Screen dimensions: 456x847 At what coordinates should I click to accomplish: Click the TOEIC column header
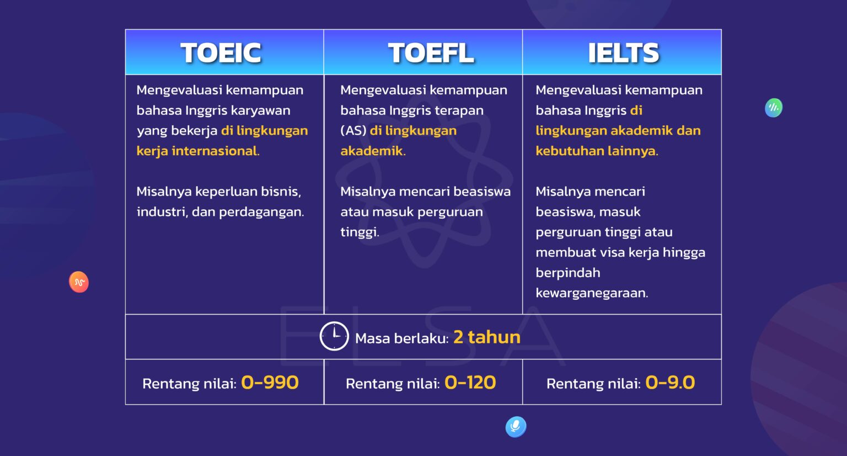click(221, 53)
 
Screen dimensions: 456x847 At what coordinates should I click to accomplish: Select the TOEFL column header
click(431, 53)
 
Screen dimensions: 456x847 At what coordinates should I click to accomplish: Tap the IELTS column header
click(623, 53)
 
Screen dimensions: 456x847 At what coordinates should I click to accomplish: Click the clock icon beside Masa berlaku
click(334, 336)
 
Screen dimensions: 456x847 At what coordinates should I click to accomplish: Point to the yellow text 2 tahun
click(487, 337)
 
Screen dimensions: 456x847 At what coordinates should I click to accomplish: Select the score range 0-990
click(270, 383)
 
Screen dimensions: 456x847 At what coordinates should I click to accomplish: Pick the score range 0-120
click(470, 383)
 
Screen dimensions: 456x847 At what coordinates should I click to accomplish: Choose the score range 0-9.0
click(670, 383)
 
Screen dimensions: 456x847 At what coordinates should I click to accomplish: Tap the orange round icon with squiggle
click(79, 282)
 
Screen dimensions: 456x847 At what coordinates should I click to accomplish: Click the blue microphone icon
click(516, 426)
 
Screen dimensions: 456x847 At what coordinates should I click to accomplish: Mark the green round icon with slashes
click(774, 108)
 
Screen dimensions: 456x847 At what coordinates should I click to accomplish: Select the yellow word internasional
click(215, 151)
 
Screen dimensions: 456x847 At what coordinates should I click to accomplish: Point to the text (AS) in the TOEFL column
click(353, 131)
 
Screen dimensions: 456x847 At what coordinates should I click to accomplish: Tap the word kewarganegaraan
click(591, 293)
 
